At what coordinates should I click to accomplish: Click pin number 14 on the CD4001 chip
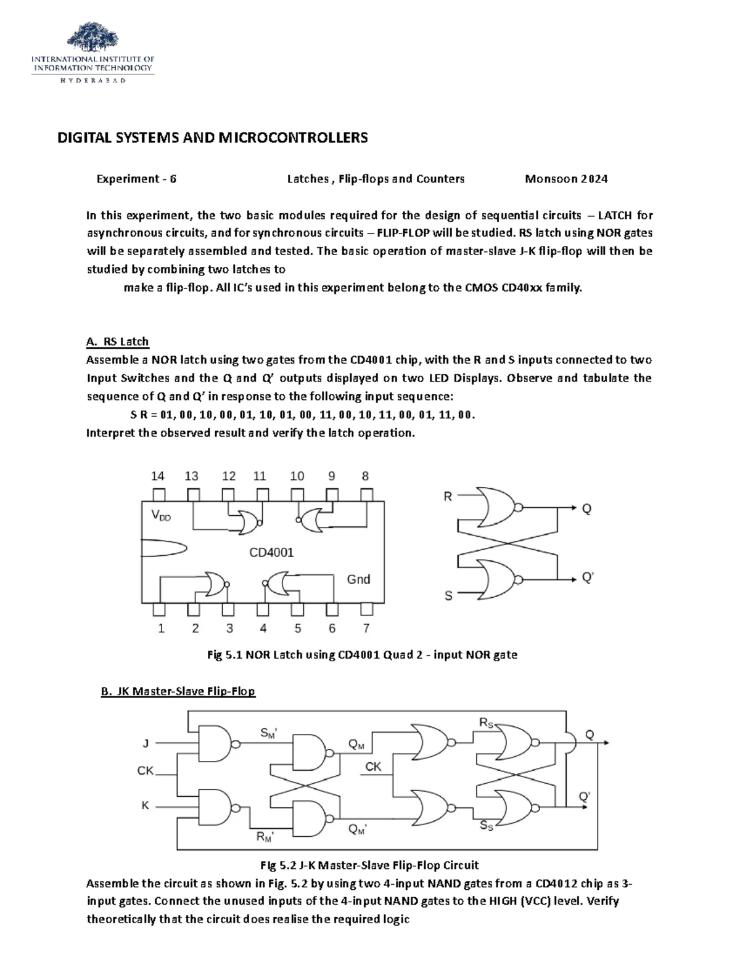158,476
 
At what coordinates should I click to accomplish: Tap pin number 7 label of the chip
366,629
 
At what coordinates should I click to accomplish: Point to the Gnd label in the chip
358,579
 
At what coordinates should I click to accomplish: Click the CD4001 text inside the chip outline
271,553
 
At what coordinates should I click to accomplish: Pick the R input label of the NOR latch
448,496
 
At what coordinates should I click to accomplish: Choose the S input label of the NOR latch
448,595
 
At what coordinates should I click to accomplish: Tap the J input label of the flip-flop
146,743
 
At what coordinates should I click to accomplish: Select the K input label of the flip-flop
146,805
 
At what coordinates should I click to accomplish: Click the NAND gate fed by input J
215,743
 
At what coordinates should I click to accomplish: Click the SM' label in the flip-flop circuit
269,733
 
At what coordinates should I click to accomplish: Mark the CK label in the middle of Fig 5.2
373,767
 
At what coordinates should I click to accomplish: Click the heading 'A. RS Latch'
117,341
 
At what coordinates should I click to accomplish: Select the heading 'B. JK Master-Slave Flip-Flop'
178,691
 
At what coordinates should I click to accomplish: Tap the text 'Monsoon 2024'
566,179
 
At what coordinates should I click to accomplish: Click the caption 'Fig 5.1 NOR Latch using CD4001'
362,655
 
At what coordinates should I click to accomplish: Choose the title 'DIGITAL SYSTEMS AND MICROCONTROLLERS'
212,137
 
